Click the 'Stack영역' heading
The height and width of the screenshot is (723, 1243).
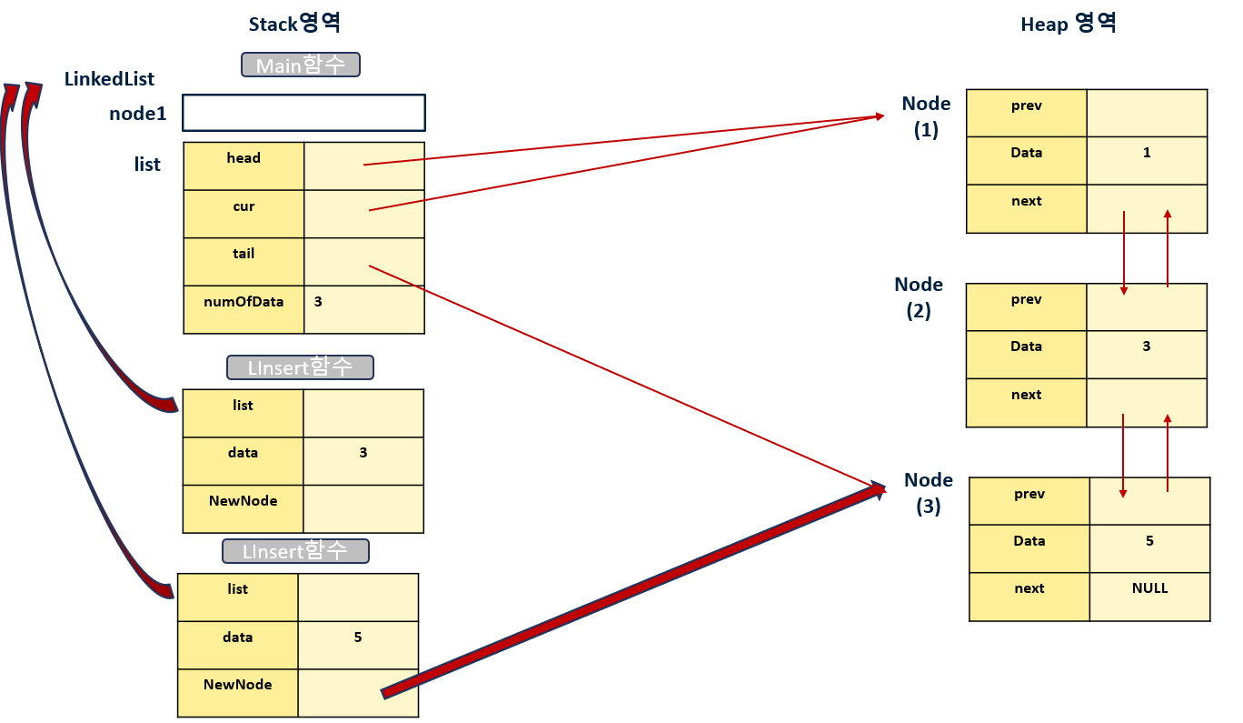point(295,24)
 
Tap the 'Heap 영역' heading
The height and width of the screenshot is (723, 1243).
point(1069,24)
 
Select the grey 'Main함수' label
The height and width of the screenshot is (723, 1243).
point(301,65)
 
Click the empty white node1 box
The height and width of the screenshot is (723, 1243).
point(303,113)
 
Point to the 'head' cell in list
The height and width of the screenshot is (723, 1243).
point(244,166)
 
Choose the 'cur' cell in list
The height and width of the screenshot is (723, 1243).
point(244,214)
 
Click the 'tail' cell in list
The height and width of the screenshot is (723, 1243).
point(244,262)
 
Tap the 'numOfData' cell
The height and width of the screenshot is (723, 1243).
point(244,309)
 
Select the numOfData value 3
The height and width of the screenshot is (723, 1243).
point(318,301)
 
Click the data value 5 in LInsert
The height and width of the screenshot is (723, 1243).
point(358,638)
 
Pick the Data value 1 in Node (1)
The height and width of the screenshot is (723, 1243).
point(1147,153)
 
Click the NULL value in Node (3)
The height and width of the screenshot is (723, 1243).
point(1149,588)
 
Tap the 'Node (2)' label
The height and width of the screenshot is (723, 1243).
point(919,297)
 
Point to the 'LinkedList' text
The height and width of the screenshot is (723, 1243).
point(109,79)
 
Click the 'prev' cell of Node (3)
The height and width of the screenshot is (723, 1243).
point(1029,500)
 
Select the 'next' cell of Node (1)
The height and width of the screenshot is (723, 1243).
point(1027,208)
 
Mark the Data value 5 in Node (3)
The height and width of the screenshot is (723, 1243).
point(1149,541)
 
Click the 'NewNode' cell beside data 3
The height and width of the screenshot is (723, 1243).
point(243,508)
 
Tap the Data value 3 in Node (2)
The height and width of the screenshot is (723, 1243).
point(1147,346)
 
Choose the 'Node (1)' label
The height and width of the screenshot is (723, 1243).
point(926,116)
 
